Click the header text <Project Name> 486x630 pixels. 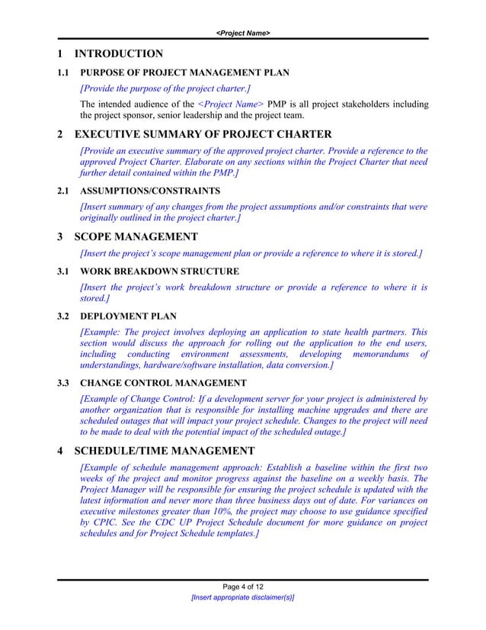point(243,33)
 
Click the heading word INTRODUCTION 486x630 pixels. point(118,54)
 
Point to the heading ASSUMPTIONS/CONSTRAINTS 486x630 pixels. point(150,191)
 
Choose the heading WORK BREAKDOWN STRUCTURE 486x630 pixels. point(159,272)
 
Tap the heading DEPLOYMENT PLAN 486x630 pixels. point(128,317)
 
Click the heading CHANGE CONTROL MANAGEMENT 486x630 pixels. point(163,382)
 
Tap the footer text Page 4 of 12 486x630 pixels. point(243,587)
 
